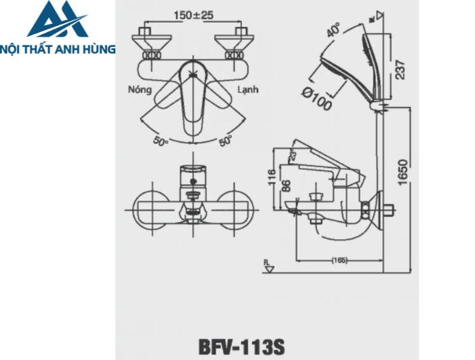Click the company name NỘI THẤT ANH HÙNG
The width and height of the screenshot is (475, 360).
(58, 49)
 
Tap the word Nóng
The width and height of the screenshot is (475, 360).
(138, 89)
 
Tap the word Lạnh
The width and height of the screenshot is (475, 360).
(247, 89)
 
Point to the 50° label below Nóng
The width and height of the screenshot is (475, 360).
(160, 141)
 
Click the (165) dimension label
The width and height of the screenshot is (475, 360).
(341, 260)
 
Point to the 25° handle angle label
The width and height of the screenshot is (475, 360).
(293, 156)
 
